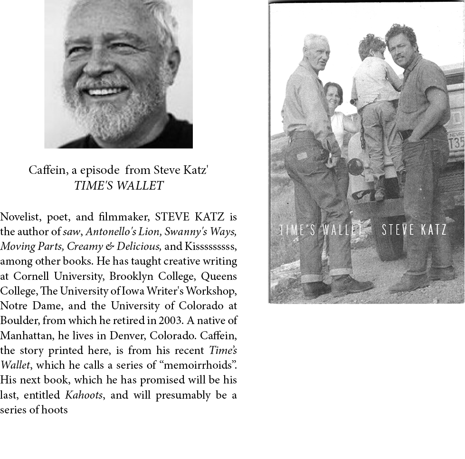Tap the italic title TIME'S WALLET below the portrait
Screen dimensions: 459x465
pyautogui.click(x=119, y=186)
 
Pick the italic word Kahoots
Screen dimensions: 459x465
pyautogui.click(x=84, y=395)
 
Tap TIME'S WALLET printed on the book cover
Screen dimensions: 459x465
pyautogui.click(x=321, y=230)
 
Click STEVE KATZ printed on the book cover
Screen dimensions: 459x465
pyautogui.click(x=414, y=230)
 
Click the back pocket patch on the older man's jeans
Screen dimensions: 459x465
pyautogui.click(x=302, y=155)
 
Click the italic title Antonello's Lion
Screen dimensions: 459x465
pyautogui.click(x=122, y=232)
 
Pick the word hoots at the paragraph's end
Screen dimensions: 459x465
pyautogui.click(x=54, y=410)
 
